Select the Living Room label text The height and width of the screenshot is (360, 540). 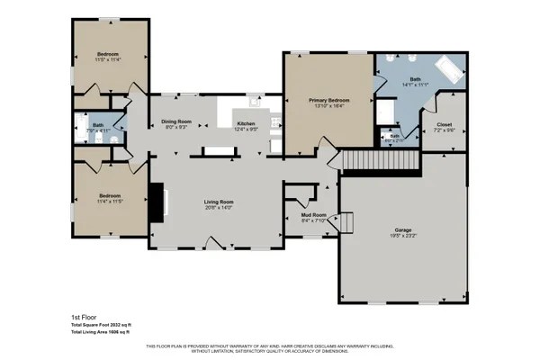click(x=219, y=202)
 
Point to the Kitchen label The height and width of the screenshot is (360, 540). click(x=247, y=123)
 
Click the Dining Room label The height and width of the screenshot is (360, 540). click(x=176, y=121)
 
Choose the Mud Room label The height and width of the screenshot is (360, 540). click(x=312, y=216)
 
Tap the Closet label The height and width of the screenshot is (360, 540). click(x=444, y=124)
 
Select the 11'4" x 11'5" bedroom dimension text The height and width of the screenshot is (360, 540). click(x=110, y=202)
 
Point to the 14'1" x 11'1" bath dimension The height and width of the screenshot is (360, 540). click(x=415, y=85)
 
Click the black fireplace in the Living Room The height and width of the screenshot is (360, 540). click(x=158, y=201)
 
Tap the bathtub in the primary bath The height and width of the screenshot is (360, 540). click(x=447, y=67)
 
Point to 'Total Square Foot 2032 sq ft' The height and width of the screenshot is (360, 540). click(x=101, y=325)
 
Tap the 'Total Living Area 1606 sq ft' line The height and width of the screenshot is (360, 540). click(x=101, y=333)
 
